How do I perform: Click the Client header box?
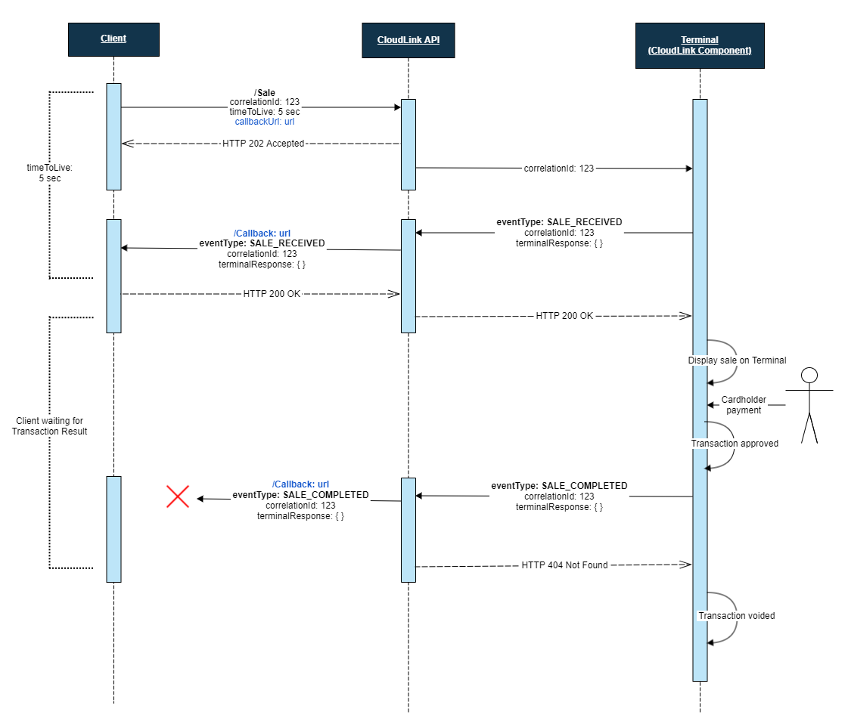[x=113, y=39]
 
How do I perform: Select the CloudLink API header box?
[x=408, y=39]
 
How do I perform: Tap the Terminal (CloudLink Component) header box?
[x=699, y=45]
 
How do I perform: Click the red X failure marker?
[x=178, y=496]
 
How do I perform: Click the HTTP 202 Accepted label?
[x=263, y=144]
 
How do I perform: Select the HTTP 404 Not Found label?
[x=564, y=565]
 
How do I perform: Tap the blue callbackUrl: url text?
[x=265, y=122]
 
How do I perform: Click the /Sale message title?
[x=265, y=92]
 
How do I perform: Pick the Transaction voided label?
[x=737, y=616]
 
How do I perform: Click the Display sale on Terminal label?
[x=737, y=360]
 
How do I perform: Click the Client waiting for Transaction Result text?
[x=50, y=425]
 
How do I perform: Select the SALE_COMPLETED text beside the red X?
[x=325, y=495]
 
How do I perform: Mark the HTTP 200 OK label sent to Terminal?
[x=564, y=316]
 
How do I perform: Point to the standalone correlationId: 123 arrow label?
[x=559, y=169]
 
